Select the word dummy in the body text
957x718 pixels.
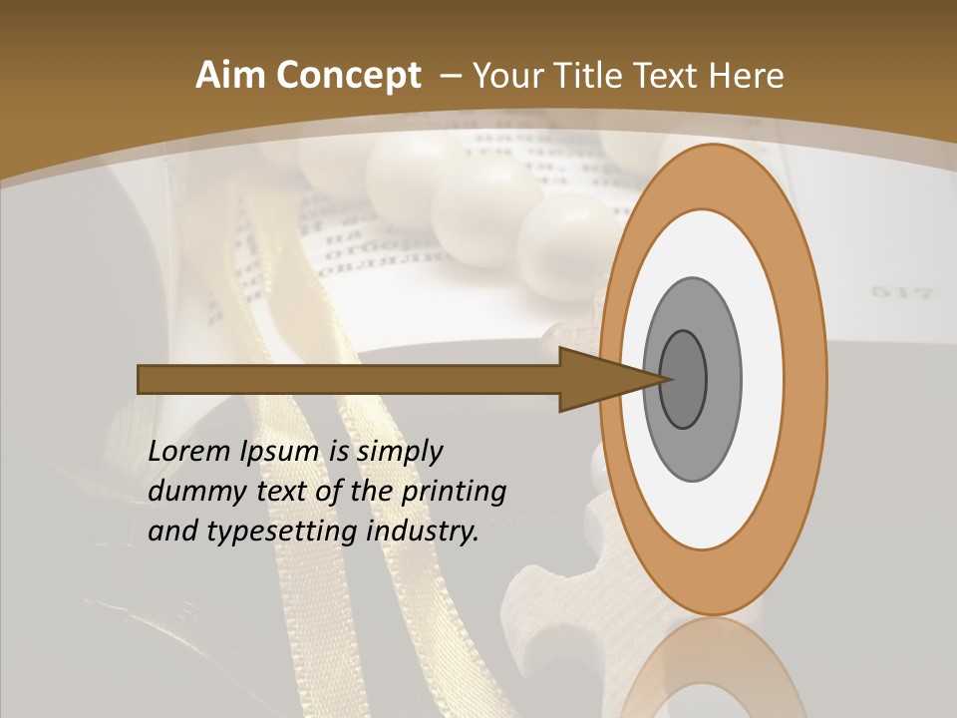click(190, 492)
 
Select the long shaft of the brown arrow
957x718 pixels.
click(349, 379)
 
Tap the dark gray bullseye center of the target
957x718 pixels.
click(684, 379)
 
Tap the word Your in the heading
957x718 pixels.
click(505, 76)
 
